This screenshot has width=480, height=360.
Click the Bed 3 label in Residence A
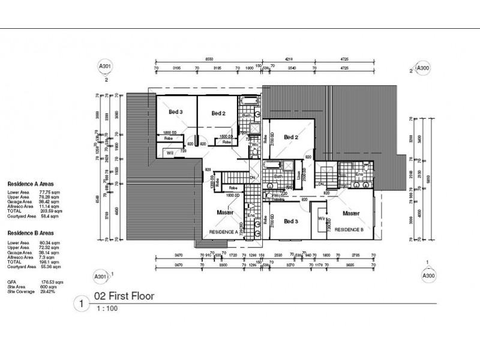tap(176, 112)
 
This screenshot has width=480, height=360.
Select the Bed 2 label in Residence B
tap(291, 137)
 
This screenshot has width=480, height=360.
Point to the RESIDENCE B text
tap(349, 230)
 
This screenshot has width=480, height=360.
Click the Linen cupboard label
tap(298, 176)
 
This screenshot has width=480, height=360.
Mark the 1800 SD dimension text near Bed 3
tap(169, 133)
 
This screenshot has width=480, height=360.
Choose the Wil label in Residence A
tap(170, 153)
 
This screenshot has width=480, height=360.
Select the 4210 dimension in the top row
tap(289, 61)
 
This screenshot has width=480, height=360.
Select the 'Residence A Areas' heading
tap(32, 185)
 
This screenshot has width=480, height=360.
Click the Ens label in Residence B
tap(359, 175)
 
